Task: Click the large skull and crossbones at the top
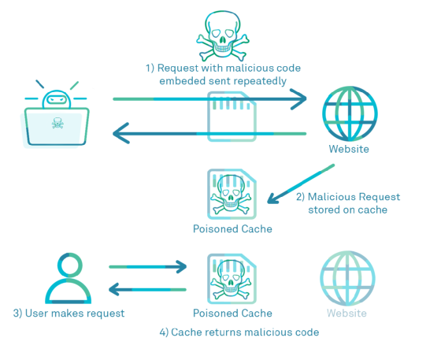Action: (222, 36)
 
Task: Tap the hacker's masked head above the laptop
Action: (57, 99)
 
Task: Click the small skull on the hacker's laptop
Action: (57, 123)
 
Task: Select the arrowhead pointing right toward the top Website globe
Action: (298, 99)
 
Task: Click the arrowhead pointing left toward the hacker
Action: (121, 133)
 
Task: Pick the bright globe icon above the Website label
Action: (350, 113)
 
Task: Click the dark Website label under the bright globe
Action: (349, 149)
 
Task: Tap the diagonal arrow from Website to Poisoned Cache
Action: (301, 184)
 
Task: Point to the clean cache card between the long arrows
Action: (232, 117)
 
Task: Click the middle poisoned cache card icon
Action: (232, 194)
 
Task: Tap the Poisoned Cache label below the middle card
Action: (232, 229)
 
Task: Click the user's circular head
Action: (70, 265)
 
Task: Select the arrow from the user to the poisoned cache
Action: (148, 266)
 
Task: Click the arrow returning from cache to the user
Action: (148, 289)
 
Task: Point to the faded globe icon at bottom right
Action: (347, 278)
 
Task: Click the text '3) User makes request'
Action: (69, 314)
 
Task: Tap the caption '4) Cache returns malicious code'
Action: (239, 332)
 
